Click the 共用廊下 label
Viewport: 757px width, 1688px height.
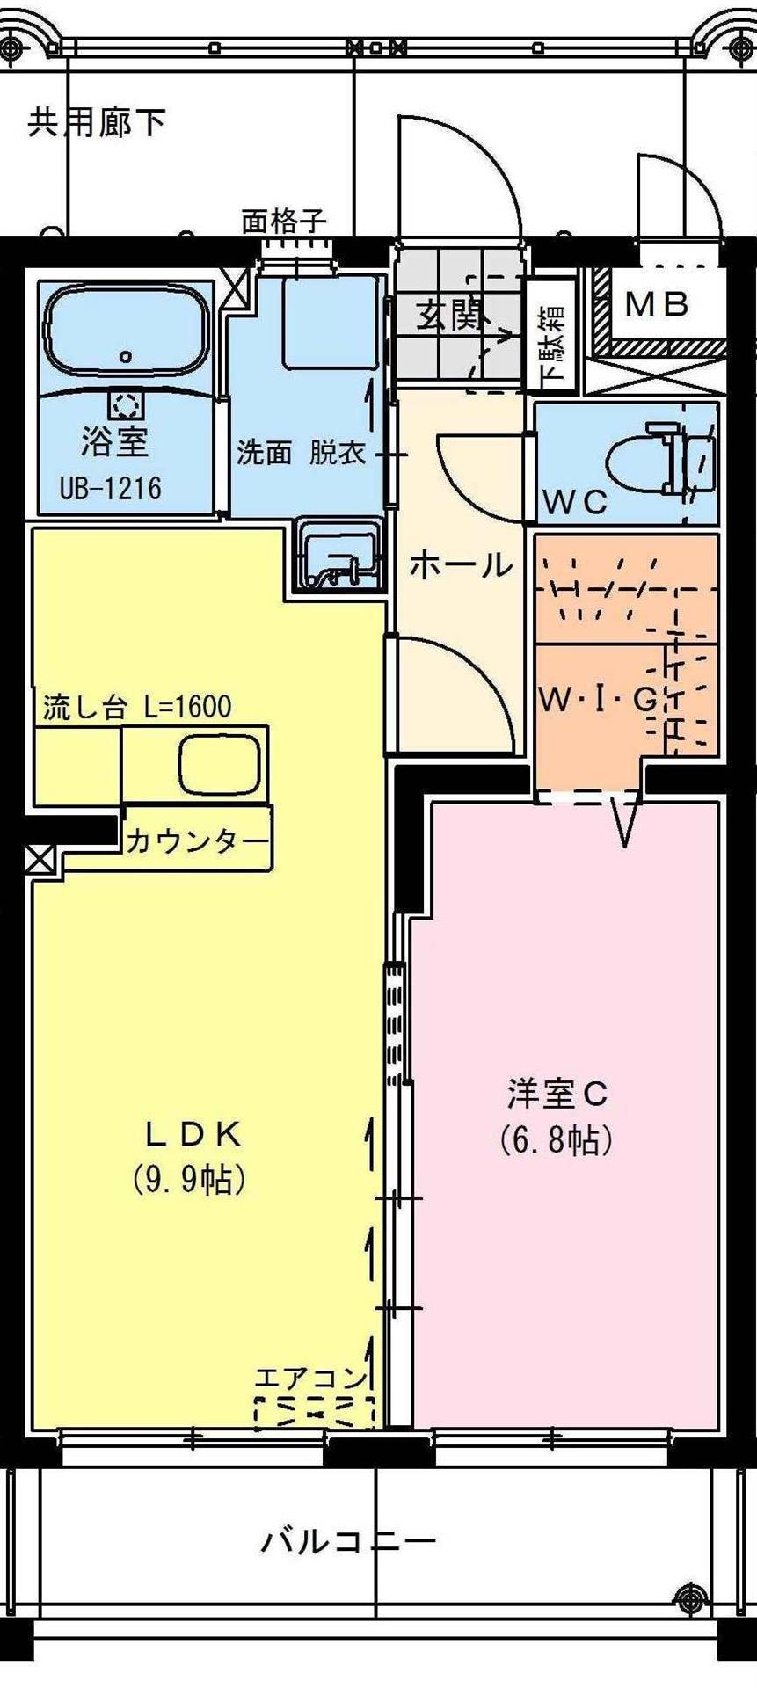point(97,123)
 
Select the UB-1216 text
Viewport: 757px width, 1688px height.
point(111,487)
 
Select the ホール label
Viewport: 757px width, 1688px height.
point(461,564)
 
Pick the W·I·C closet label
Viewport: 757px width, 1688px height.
point(598,701)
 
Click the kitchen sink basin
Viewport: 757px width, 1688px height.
point(220,763)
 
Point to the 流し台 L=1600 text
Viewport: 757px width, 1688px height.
point(137,707)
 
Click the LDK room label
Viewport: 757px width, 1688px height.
point(193,1135)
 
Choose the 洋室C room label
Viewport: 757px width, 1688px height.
point(557,1095)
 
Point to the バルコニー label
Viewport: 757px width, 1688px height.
point(348,1542)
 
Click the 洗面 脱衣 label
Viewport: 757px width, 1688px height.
point(301,454)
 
